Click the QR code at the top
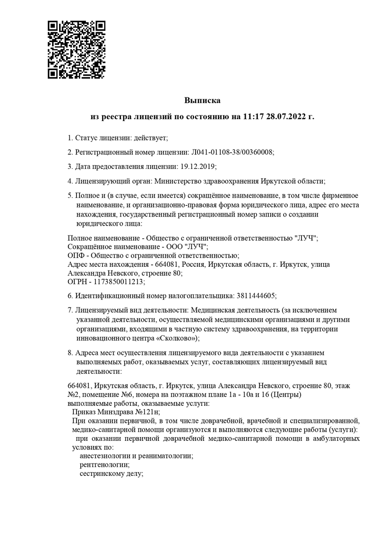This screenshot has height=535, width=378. [x=77, y=49]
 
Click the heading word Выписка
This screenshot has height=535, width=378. [x=202, y=100]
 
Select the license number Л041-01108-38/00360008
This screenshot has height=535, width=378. [x=232, y=152]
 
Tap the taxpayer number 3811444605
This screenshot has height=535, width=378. [x=255, y=296]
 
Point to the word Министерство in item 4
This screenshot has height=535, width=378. [x=187, y=181]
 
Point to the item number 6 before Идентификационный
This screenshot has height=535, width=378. [x=70, y=296]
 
